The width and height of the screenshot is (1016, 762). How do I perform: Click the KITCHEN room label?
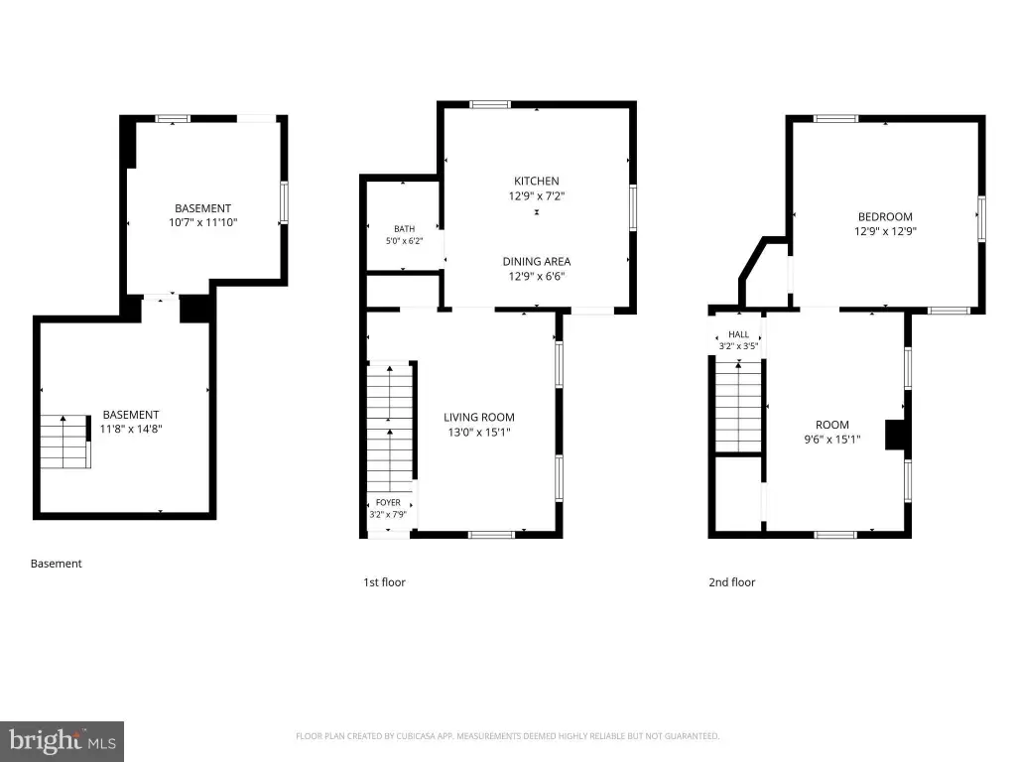pyautogui.click(x=537, y=181)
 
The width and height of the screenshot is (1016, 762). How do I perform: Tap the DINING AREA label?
pyautogui.click(x=537, y=261)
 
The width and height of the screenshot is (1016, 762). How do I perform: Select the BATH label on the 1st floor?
pyautogui.click(x=405, y=229)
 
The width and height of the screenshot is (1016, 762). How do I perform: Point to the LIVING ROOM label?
pyautogui.click(x=479, y=418)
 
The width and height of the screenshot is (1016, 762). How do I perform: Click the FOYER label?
pyautogui.click(x=388, y=502)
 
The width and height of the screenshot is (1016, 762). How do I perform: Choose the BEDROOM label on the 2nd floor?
pyautogui.click(x=885, y=216)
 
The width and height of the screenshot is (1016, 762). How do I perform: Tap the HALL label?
pyautogui.click(x=738, y=334)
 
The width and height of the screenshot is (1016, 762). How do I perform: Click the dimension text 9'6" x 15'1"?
pyautogui.click(x=832, y=440)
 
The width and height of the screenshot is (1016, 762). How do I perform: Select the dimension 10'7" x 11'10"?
pyautogui.click(x=202, y=222)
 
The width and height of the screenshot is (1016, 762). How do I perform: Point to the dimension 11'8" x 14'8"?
pyautogui.click(x=131, y=429)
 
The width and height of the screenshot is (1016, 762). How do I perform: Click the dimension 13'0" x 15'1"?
pyautogui.click(x=479, y=433)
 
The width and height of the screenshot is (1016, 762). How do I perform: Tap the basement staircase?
pyautogui.click(x=64, y=442)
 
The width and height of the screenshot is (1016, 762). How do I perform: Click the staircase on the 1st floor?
pyautogui.click(x=390, y=428)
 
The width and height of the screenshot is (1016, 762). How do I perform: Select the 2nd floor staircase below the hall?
pyautogui.click(x=738, y=407)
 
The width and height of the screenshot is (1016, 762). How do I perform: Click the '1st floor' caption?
pyautogui.click(x=384, y=581)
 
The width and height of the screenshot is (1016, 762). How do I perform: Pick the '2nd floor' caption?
pyautogui.click(x=731, y=581)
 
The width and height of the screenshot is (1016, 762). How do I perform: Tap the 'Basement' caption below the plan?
pyautogui.click(x=57, y=564)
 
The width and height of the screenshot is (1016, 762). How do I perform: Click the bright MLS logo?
pyautogui.click(x=62, y=741)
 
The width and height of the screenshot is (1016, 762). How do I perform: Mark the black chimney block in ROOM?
pyautogui.click(x=895, y=435)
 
